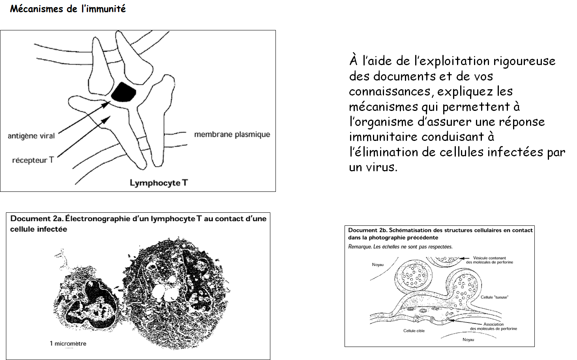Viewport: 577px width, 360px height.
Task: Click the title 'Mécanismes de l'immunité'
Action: click(x=68, y=9)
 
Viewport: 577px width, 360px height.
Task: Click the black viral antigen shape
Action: click(x=124, y=92)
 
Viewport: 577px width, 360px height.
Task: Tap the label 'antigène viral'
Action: click(x=31, y=136)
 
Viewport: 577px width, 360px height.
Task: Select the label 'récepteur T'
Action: click(x=33, y=160)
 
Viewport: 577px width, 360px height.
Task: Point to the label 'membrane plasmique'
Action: click(x=232, y=134)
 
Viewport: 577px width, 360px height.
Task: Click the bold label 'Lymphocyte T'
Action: click(x=159, y=183)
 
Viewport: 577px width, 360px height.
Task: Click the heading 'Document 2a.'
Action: click(x=37, y=218)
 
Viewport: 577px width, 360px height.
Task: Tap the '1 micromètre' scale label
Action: click(x=68, y=343)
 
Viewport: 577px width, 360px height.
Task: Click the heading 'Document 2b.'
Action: click(x=367, y=230)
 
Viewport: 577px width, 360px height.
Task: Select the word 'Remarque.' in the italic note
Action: click(x=360, y=247)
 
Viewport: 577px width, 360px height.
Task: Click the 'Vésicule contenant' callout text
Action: click(x=489, y=258)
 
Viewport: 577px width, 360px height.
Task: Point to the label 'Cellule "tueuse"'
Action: click(x=495, y=297)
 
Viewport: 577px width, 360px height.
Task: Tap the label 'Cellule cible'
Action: click(x=414, y=331)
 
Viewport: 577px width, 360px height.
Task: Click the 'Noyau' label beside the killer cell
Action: click(x=378, y=264)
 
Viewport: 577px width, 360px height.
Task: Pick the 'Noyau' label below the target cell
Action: click(x=468, y=339)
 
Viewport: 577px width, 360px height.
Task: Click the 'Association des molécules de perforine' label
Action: click(x=493, y=326)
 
